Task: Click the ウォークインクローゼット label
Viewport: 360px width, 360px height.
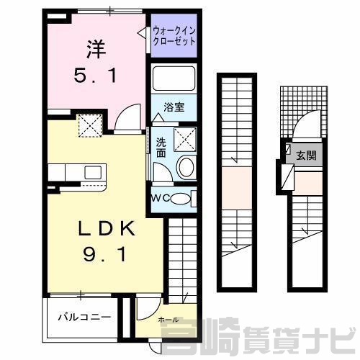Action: click(x=174, y=36)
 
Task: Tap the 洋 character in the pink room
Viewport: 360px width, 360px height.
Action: click(x=96, y=50)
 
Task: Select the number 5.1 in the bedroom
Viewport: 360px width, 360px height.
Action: click(x=95, y=75)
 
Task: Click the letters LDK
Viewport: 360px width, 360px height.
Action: click(x=107, y=229)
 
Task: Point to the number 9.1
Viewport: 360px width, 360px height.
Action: click(x=104, y=255)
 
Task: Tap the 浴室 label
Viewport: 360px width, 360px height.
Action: click(x=174, y=107)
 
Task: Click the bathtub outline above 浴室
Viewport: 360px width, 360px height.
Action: click(x=174, y=78)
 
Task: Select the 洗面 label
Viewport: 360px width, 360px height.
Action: click(x=161, y=148)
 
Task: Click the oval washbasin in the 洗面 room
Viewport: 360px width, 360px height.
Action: click(x=186, y=167)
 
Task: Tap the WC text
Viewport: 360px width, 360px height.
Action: click(x=161, y=199)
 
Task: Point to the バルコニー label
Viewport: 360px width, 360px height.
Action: click(x=84, y=317)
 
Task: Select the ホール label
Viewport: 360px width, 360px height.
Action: click(x=168, y=320)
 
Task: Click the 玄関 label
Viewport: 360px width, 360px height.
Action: click(x=306, y=156)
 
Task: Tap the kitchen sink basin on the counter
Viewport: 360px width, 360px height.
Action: click(x=93, y=172)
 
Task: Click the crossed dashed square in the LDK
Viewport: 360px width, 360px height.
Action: click(x=90, y=126)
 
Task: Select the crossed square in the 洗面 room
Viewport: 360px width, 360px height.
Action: click(x=185, y=140)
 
